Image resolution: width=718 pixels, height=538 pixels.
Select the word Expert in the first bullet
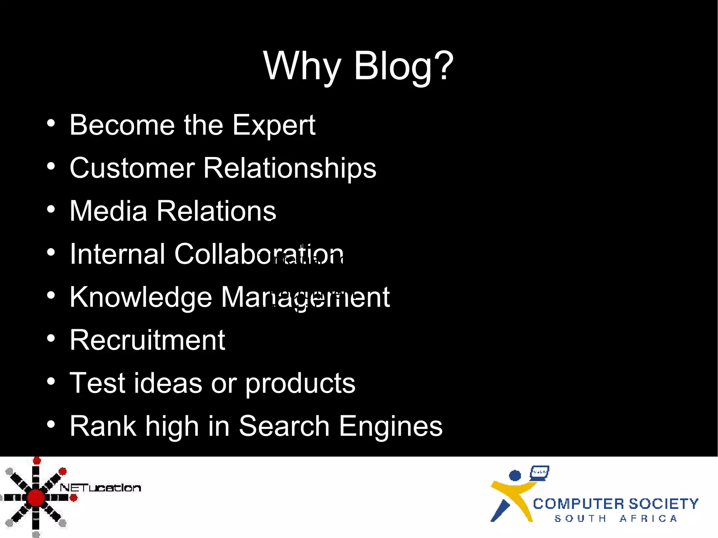274,125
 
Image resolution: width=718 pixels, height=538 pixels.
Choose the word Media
108,211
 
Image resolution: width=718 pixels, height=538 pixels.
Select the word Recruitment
147,340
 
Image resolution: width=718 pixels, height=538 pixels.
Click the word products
300,383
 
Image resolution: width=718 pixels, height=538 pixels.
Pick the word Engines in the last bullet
391,427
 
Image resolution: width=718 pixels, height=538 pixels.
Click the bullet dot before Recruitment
51,338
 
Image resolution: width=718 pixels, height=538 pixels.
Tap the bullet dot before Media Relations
51,209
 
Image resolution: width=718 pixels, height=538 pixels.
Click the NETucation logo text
101,488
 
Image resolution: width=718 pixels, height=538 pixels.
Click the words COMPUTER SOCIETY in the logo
616,504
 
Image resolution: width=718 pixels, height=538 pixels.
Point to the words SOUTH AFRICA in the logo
616,518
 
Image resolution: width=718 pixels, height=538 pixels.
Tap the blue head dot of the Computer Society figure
515,476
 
